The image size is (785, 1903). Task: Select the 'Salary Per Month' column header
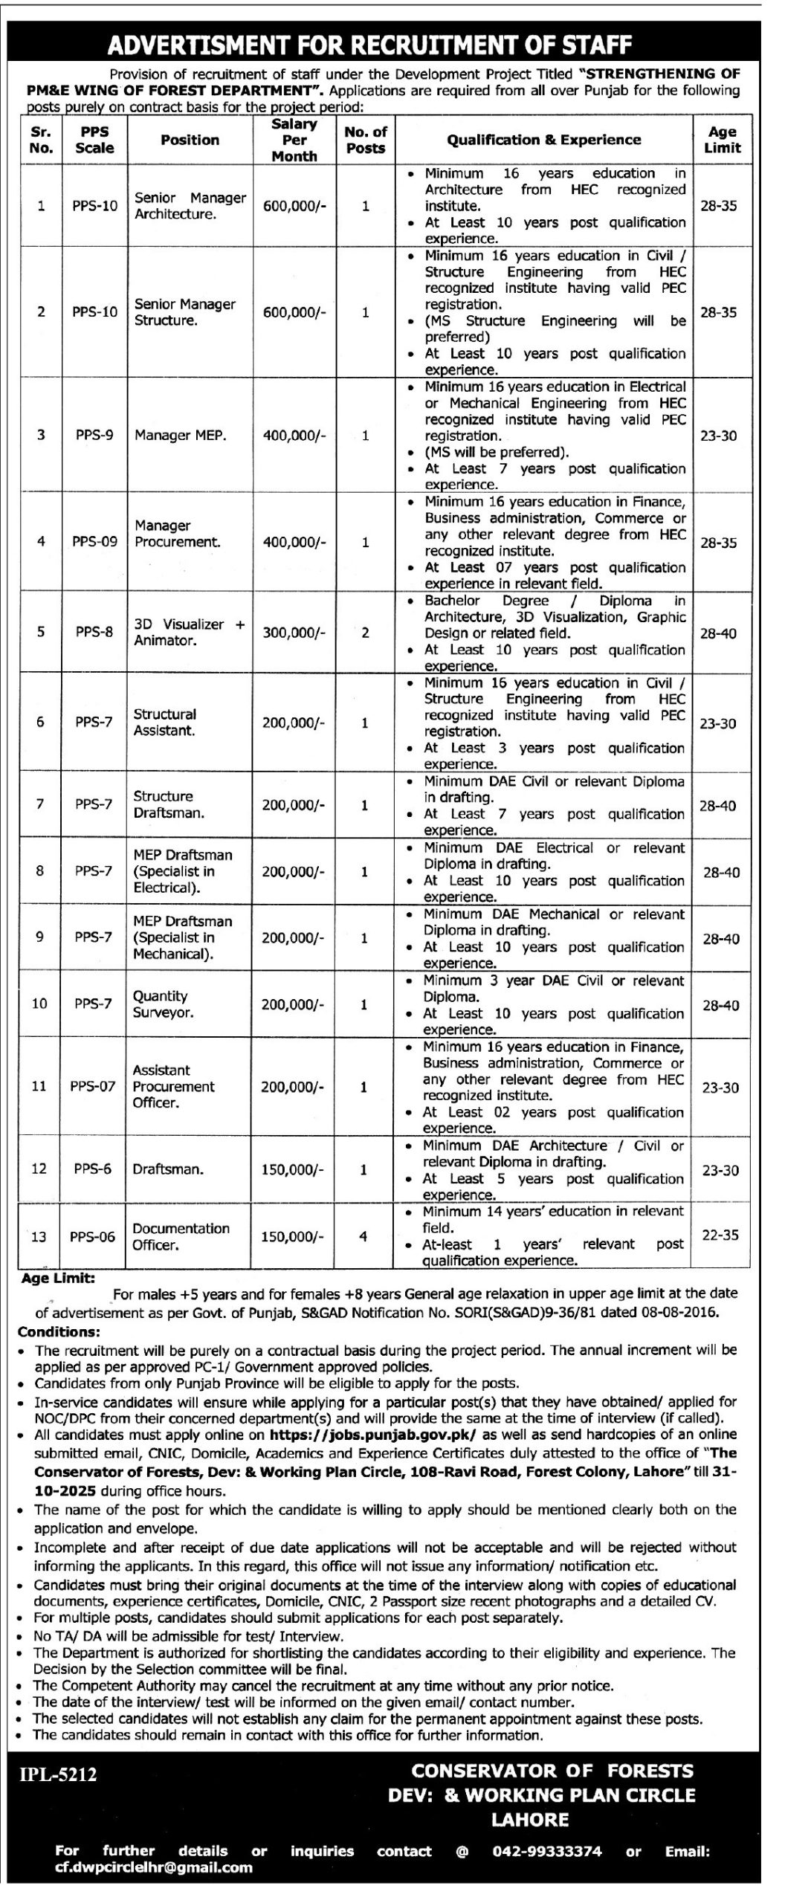[294, 140]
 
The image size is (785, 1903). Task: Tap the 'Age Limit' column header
[722, 140]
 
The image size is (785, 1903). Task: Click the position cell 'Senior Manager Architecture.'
[190, 206]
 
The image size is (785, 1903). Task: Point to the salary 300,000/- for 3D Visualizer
[294, 633]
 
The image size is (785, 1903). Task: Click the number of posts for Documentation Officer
[364, 1236]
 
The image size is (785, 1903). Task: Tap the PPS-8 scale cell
[94, 632]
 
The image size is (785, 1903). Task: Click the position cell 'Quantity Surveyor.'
[163, 1004]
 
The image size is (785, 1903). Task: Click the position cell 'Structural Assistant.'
[164, 722]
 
